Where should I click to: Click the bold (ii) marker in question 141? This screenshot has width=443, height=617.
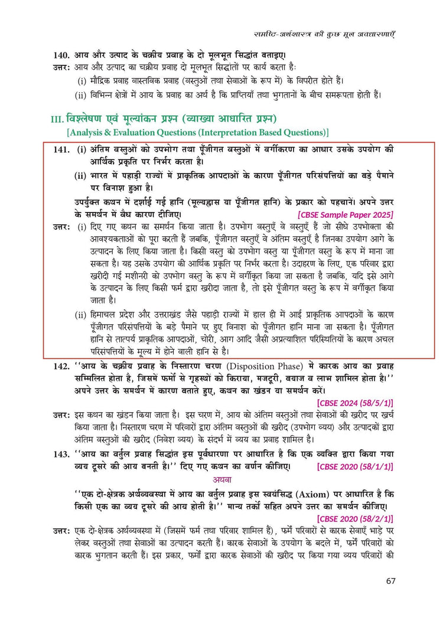80,175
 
